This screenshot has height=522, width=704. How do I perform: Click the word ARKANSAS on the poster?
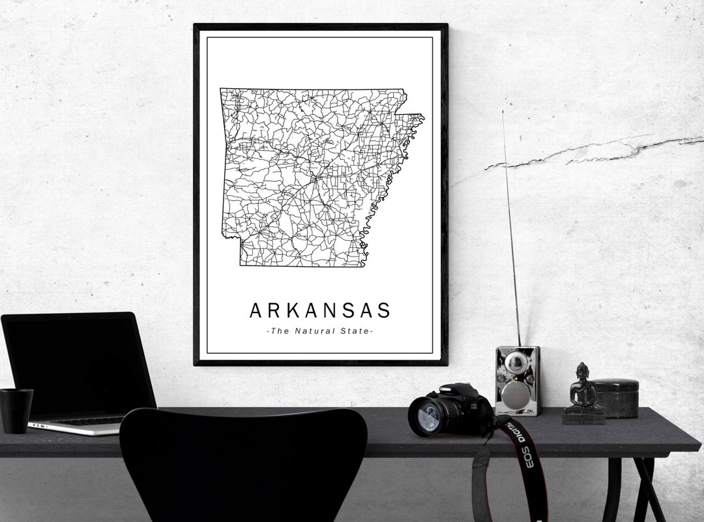(x=319, y=310)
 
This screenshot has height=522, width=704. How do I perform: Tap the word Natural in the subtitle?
(x=315, y=331)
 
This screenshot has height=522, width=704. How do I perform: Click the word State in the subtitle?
(x=355, y=331)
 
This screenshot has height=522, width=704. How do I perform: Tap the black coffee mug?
(x=16, y=410)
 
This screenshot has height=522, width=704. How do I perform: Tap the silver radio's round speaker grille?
(x=517, y=394)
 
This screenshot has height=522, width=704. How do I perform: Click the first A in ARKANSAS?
(x=257, y=310)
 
